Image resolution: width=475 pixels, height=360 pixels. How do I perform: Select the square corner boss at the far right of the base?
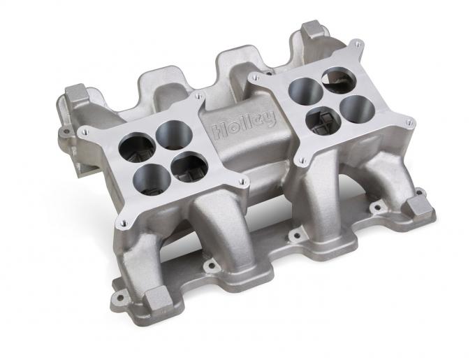(419, 206)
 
